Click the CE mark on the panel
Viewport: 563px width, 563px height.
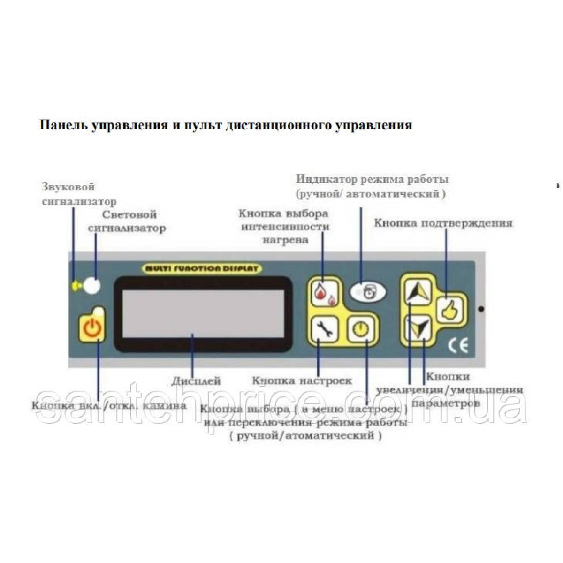[x=457, y=346]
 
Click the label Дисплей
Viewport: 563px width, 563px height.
[x=196, y=381]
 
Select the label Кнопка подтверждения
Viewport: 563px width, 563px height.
[x=443, y=223]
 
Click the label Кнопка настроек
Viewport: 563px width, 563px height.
[x=302, y=380]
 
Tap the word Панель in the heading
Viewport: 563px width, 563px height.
[x=62, y=126]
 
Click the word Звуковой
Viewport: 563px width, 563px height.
[x=68, y=187]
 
